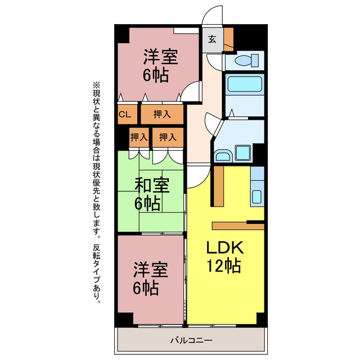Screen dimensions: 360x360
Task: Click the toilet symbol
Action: click(x=246, y=60)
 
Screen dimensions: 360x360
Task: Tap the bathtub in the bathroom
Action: click(x=245, y=84)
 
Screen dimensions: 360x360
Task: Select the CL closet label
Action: click(x=125, y=114)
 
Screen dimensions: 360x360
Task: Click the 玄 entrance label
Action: click(x=212, y=39)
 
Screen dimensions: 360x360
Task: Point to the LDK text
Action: click(x=225, y=247)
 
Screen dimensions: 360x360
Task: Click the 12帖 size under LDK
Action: click(x=224, y=265)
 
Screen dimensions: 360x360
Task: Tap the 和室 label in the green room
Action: click(x=152, y=185)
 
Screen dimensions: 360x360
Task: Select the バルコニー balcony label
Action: click(x=191, y=340)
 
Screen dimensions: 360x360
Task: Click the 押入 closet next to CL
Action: click(x=162, y=114)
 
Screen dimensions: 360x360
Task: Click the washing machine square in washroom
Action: click(x=243, y=152)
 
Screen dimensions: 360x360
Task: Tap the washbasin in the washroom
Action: click(x=223, y=156)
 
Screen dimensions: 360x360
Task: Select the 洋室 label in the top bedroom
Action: click(x=160, y=57)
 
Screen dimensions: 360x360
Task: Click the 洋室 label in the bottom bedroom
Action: click(x=151, y=269)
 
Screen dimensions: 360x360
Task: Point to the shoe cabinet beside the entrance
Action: click(x=228, y=39)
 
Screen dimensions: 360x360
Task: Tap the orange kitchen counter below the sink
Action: click(x=238, y=226)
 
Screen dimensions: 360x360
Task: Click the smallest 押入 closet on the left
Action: click(x=139, y=137)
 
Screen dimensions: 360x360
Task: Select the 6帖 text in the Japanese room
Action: click(x=147, y=203)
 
